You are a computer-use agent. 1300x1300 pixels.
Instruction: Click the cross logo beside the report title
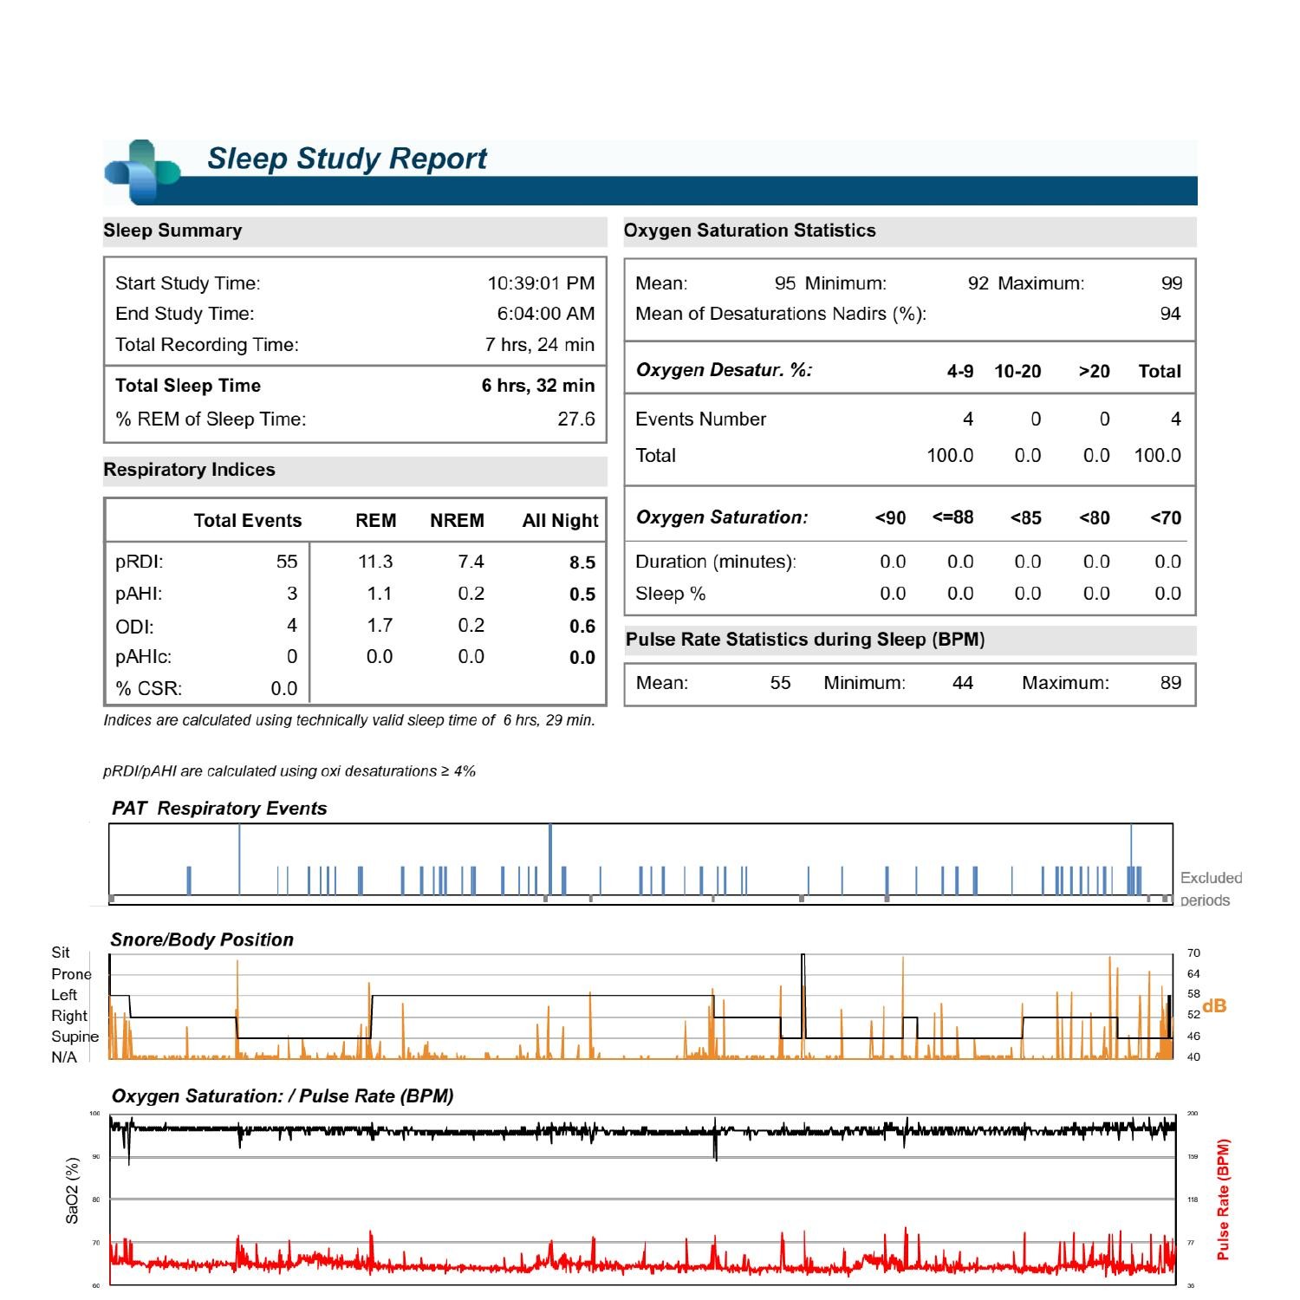[x=141, y=172]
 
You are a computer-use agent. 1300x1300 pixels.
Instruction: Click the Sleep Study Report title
[x=347, y=159]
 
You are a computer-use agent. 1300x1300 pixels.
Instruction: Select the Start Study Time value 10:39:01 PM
[x=541, y=283]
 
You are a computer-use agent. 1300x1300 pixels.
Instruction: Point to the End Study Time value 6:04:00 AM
[x=545, y=314]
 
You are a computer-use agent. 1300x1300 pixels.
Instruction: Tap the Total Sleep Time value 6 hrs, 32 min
[x=538, y=386]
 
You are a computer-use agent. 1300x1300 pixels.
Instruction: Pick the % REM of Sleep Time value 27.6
[x=575, y=419]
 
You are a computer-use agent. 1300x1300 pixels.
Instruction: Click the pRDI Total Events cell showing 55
[x=287, y=562]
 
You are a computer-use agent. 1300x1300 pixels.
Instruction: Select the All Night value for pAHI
[x=582, y=595]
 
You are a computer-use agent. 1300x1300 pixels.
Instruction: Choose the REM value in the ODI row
[x=380, y=626]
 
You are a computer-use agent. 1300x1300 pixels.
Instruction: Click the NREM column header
[x=457, y=521]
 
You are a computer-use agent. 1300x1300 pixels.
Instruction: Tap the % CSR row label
[x=149, y=689]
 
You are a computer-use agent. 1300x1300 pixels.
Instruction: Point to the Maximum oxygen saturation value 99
[x=1172, y=283]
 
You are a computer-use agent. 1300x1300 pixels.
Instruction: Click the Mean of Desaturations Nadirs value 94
[x=1170, y=314]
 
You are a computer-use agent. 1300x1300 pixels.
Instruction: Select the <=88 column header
[x=952, y=518]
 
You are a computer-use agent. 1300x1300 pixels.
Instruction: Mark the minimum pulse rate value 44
[x=963, y=683]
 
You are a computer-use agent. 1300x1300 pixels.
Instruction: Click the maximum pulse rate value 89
[x=1171, y=683]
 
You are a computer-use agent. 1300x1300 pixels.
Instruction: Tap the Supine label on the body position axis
[x=75, y=1037]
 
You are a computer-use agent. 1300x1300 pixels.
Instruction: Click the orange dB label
[x=1214, y=1006]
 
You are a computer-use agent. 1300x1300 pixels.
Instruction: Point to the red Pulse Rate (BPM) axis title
[x=1224, y=1199]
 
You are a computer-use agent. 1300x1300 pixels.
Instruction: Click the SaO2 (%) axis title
[x=73, y=1191]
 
